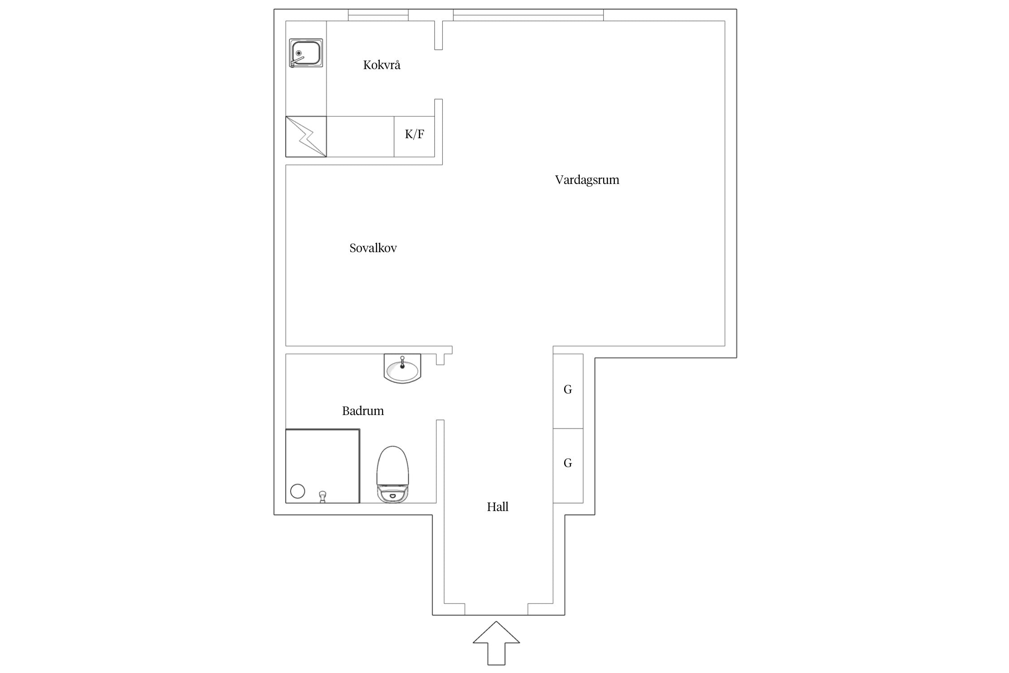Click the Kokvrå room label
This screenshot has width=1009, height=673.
[x=382, y=65]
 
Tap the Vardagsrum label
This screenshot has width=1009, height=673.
[x=587, y=180]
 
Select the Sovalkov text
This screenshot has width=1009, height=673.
[x=373, y=248]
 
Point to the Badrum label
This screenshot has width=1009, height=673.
[x=363, y=411]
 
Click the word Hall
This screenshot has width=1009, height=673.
[x=498, y=507]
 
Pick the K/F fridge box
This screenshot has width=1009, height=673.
[x=414, y=136]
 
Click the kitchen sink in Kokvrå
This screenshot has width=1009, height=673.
[x=306, y=53]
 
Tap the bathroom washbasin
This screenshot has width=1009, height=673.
[x=403, y=368]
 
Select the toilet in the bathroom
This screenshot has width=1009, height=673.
[x=393, y=474]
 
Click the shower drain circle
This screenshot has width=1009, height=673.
[x=298, y=491]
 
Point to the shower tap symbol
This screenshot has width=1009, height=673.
[x=322, y=497]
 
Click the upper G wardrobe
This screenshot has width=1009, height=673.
[x=568, y=391]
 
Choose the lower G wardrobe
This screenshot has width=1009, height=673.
[x=568, y=466]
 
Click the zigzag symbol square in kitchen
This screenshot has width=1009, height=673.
[x=306, y=136]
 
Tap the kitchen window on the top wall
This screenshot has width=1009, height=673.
[x=378, y=15]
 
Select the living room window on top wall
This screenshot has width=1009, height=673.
[x=528, y=15]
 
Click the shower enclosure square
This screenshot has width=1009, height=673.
[x=322, y=466]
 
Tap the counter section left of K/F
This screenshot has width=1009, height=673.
[x=360, y=136]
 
